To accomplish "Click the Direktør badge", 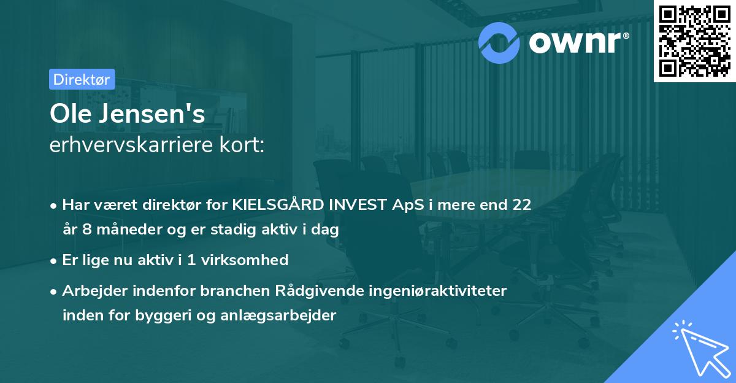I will pos(82,79).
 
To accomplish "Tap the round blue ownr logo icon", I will pos(500,41).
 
